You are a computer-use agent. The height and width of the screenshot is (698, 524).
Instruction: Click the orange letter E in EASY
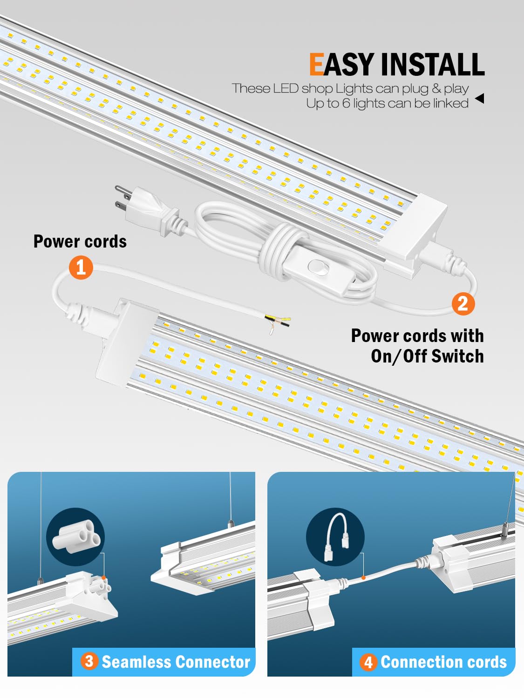tap(316, 64)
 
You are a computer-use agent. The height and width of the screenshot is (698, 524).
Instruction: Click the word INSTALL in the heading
tap(433, 64)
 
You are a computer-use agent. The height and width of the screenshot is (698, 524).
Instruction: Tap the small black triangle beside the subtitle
tap(479, 98)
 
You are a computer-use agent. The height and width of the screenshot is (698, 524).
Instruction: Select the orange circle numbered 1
tap(81, 267)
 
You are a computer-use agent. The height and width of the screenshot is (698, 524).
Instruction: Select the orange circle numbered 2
tap(463, 303)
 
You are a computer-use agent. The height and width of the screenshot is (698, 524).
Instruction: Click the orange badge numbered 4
tap(368, 662)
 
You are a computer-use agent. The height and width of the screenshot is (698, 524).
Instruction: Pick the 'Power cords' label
tap(80, 242)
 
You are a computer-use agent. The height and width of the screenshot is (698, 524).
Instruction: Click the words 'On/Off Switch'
tap(427, 356)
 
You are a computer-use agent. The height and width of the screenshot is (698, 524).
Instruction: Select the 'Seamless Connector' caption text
tap(176, 662)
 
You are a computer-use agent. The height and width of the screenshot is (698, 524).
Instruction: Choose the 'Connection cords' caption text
tap(443, 662)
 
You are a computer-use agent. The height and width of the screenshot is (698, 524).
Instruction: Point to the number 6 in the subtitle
tap(346, 103)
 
